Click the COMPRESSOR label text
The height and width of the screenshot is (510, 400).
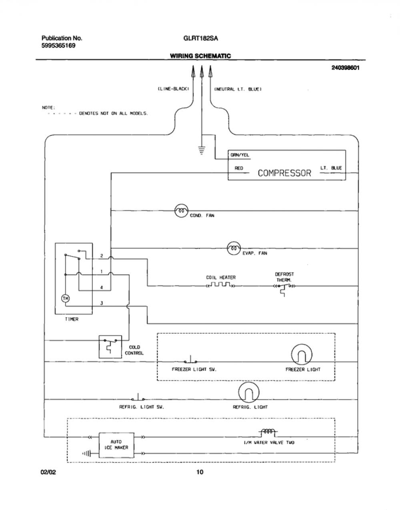284,173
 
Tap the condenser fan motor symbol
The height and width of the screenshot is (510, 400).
182,211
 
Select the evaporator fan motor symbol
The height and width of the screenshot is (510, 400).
234,248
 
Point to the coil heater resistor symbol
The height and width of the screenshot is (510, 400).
220,285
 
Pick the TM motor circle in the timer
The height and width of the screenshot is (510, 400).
66,298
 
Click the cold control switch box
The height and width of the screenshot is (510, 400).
110,347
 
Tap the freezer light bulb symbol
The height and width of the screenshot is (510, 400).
302,355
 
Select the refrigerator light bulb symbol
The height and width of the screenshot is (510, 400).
249,392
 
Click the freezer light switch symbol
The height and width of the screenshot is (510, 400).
190,359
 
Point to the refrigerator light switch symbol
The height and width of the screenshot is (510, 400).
138,397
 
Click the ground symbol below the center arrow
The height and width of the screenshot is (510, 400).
202,150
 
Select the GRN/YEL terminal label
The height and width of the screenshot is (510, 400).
240,155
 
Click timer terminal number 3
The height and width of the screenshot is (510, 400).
102,303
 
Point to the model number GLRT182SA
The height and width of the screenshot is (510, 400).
200,38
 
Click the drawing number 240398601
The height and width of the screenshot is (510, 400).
346,68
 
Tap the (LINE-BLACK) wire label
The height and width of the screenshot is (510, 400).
173,89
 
